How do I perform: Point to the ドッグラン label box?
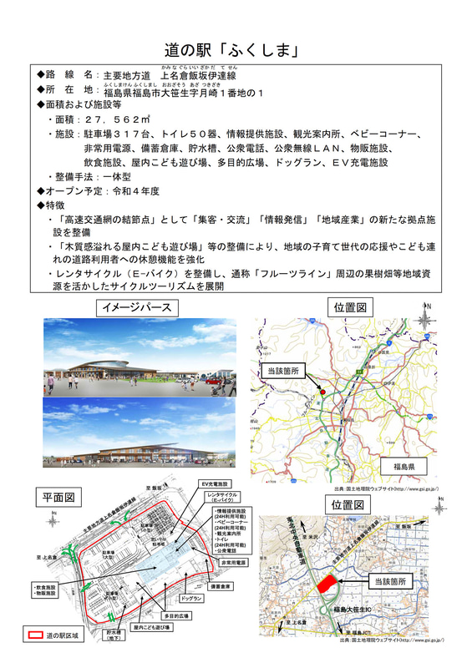click(x=192, y=599)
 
